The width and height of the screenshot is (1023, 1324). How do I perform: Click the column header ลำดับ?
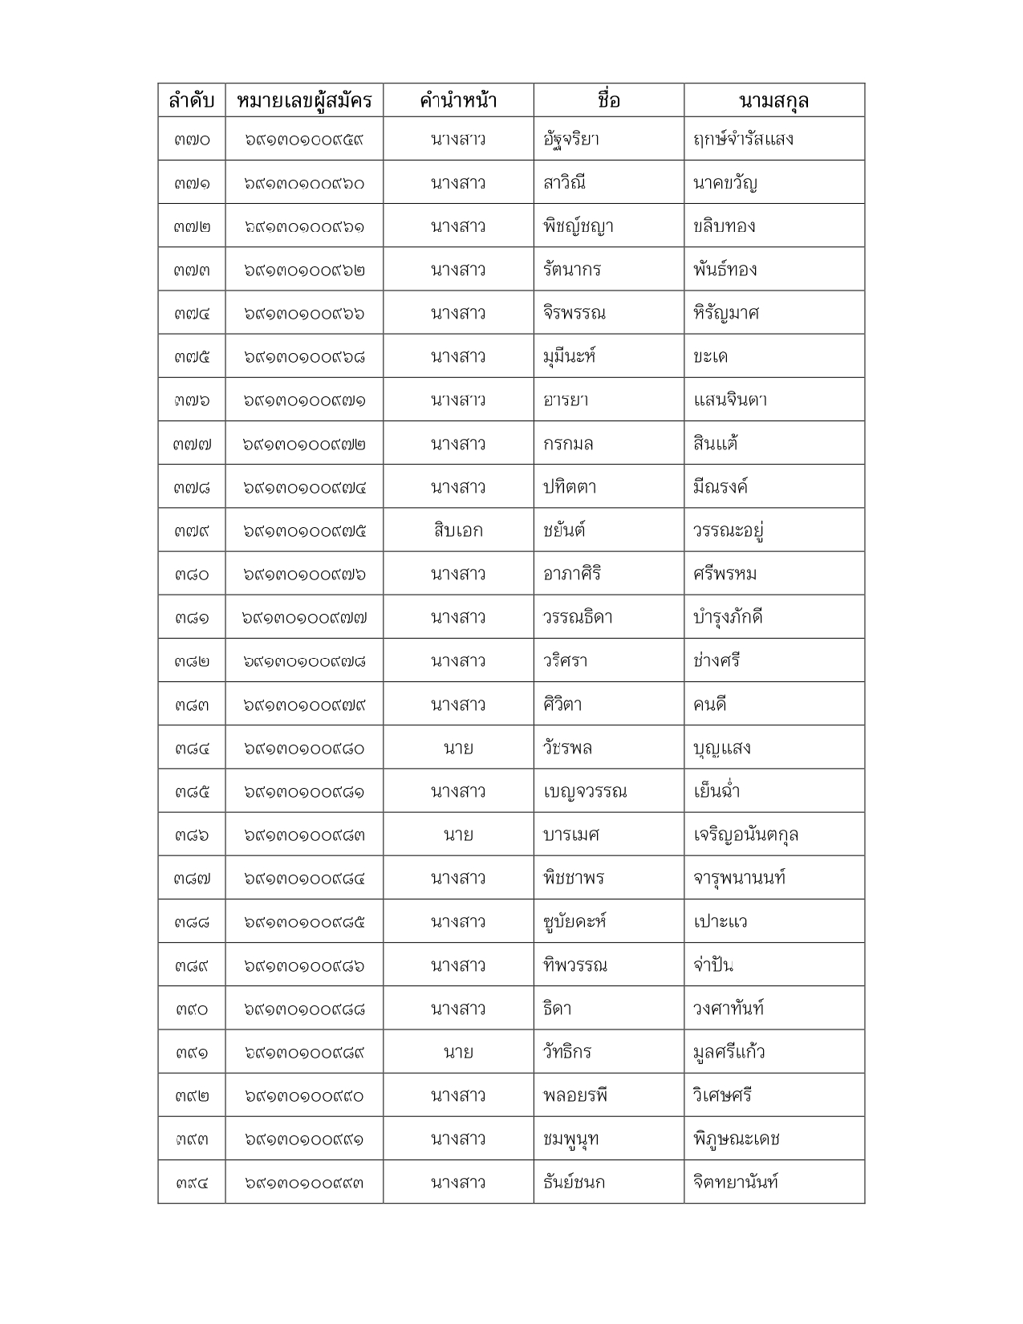(x=191, y=101)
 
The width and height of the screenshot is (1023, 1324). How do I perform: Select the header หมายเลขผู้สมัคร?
(x=304, y=101)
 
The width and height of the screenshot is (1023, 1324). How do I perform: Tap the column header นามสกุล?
(x=773, y=101)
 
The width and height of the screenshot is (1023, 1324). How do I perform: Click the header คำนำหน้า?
(x=458, y=101)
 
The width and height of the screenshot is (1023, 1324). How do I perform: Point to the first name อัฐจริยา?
(x=571, y=140)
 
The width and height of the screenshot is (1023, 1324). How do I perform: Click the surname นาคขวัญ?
(x=725, y=183)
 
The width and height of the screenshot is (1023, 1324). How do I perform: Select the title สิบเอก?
(x=458, y=530)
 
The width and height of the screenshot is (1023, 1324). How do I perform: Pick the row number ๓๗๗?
(x=191, y=444)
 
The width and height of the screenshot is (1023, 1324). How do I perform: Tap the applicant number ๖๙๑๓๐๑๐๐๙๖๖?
(x=304, y=313)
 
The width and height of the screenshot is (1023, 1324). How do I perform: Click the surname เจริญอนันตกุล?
(x=745, y=835)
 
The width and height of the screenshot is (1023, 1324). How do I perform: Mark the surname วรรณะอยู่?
(x=728, y=530)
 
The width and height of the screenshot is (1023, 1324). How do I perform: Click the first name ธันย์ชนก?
(x=574, y=1182)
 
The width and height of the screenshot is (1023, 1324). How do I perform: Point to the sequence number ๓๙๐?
(x=191, y=1009)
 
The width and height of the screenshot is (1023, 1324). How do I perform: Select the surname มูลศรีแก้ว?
(x=729, y=1052)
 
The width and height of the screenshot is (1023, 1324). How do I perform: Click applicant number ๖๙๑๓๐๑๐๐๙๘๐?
(x=304, y=748)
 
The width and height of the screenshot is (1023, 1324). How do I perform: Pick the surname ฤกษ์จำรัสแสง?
(x=743, y=140)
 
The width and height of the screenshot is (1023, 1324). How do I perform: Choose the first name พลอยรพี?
(x=575, y=1095)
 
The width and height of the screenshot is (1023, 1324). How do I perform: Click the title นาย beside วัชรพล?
(x=458, y=748)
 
